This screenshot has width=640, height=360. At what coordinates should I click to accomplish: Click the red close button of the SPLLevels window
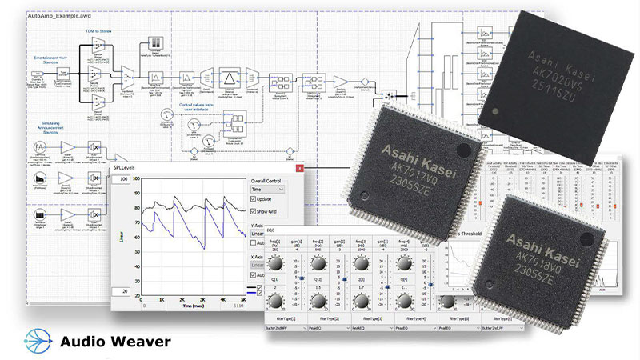[x=299, y=168]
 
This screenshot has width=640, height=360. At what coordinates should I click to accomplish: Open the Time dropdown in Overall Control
[x=269, y=189]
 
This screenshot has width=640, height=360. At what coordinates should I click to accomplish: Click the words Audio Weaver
[x=115, y=342]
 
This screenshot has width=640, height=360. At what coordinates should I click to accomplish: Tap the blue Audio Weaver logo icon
[x=37, y=340]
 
